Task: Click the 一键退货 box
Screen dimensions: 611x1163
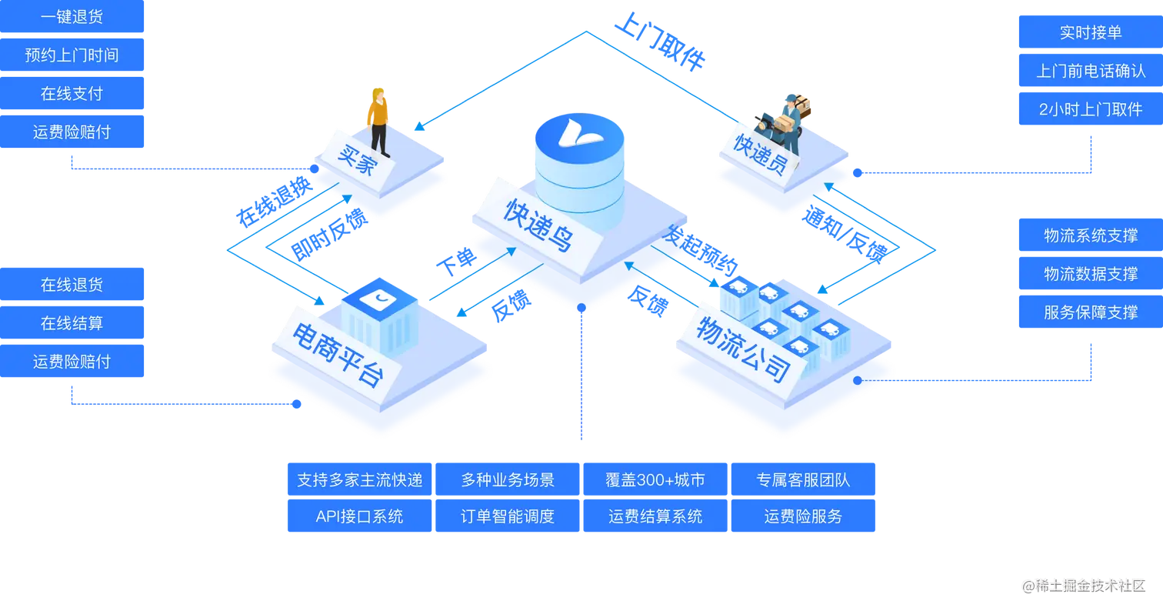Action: click(x=72, y=16)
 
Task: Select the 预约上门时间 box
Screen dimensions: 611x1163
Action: click(x=72, y=55)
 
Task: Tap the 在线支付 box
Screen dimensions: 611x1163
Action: click(x=72, y=93)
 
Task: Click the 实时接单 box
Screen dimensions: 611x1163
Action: click(x=1090, y=32)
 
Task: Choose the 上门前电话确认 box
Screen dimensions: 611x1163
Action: click(x=1090, y=71)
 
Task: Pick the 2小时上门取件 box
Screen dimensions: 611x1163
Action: click(x=1090, y=109)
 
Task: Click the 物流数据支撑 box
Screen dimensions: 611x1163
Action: click(x=1090, y=274)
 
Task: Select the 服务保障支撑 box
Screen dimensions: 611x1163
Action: click(x=1090, y=312)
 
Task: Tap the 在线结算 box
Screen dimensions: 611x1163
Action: click(x=72, y=323)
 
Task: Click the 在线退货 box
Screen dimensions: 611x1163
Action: click(x=72, y=285)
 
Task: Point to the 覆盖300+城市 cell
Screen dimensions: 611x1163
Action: click(x=655, y=480)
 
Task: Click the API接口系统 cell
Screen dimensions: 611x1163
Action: click(x=359, y=516)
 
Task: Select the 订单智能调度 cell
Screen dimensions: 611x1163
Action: click(x=507, y=516)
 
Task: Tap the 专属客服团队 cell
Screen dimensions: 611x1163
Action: click(x=803, y=480)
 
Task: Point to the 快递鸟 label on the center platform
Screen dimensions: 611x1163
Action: click(x=538, y=225)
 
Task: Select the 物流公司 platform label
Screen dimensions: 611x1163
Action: click(x=742, y=351)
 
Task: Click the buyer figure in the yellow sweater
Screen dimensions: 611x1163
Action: click(x=378, y=120)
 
